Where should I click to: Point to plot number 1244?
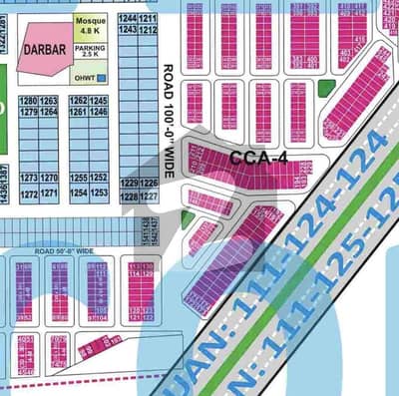point(127,20)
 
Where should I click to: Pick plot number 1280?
point(28,102)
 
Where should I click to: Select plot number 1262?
point(78,102)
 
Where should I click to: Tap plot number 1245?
point(98,102)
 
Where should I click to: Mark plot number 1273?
point(28,178)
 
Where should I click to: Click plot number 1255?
point(78,178)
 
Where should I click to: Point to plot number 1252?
point(98,178)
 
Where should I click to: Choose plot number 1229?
point(128,184)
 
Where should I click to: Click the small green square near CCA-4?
point(325,88)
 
